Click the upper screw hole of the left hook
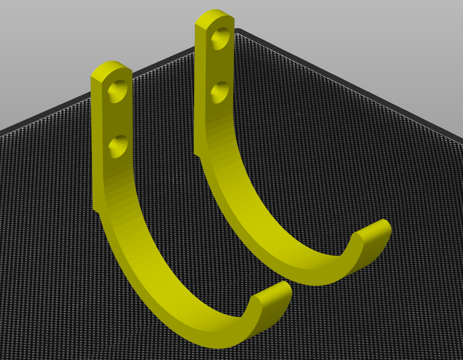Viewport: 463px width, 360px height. (119, 90)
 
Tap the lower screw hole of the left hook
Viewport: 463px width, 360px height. (119, 146)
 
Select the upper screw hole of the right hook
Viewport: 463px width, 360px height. (221, 37)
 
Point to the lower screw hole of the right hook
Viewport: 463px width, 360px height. (221, 90)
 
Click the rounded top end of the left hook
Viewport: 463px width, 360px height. (110, 68)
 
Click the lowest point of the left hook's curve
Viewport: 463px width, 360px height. (218, 343)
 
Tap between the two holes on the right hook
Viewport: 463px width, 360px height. (221, 64)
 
